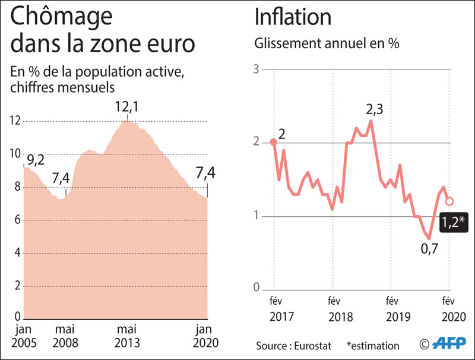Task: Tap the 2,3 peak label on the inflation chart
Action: (x=375, y=109)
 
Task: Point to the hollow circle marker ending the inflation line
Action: (x=449, y=201)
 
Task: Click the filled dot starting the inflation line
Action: (x=273, y=142)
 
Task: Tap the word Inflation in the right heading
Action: (x=293, y=17)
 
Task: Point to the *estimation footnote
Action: (x=373, y=345)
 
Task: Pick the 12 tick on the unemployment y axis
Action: (x=14, y=121)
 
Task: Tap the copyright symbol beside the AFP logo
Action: (x=424, y=344)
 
